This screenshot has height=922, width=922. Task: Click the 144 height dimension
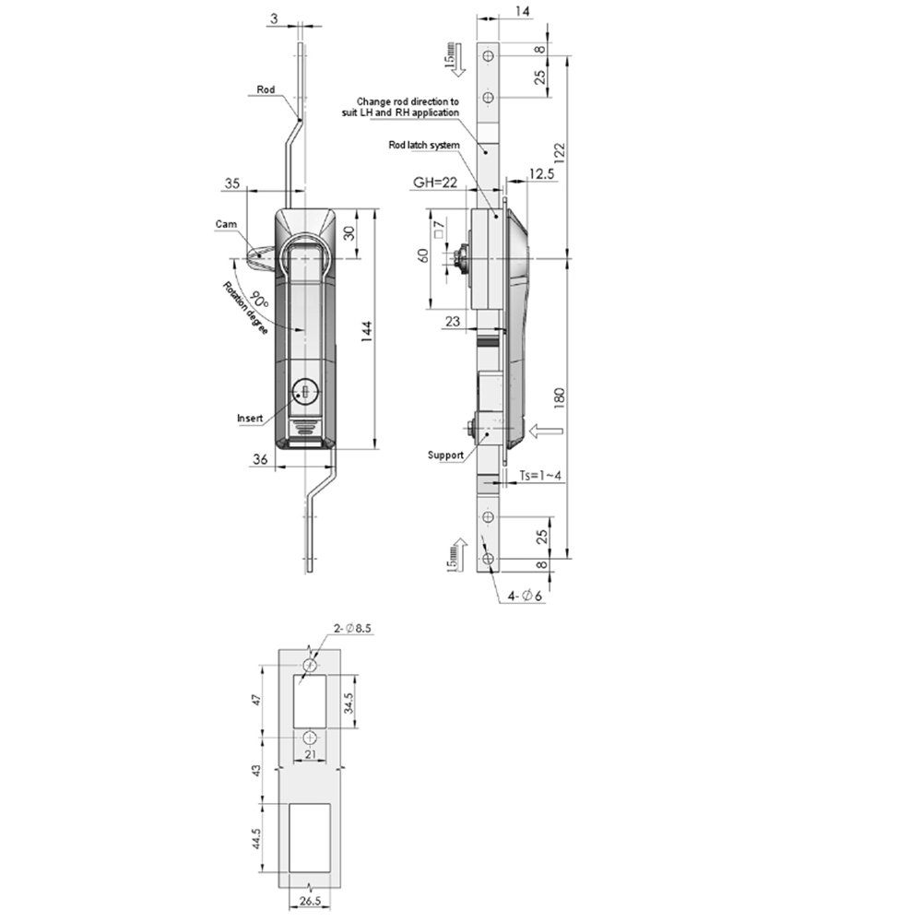tap(367, 332)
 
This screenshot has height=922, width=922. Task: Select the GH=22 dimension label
tap(435, 183)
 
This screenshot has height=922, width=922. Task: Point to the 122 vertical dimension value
tap(559, 152)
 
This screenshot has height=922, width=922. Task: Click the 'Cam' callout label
tap(226, 224)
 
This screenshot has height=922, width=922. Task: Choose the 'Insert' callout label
tap(250, 418)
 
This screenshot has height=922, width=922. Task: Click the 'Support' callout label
tap(445, 455)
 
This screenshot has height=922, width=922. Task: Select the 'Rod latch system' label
tap(424, 145)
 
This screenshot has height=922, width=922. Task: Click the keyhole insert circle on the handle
tap(305, 391)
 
